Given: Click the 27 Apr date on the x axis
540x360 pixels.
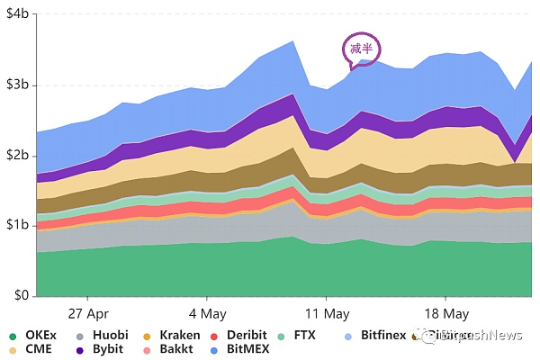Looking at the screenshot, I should [x=87, y=314].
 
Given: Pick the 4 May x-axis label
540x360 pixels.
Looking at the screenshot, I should [x=207, y=314].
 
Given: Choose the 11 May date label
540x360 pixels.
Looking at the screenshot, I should [x=327, y=314].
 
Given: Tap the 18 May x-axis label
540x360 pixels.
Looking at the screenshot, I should [x=446, y=314].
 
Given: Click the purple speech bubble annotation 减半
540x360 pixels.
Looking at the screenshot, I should [x=359, y=49].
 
